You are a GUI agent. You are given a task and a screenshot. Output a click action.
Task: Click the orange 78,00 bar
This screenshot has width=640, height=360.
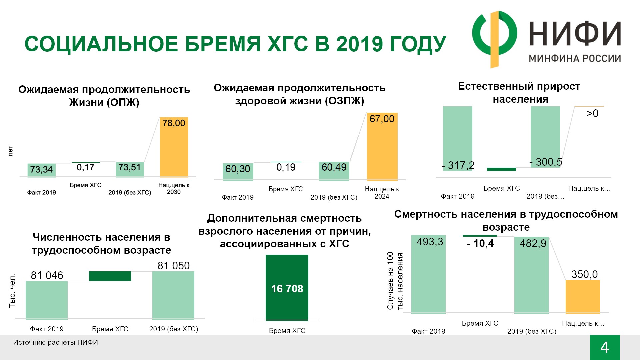[174, 147]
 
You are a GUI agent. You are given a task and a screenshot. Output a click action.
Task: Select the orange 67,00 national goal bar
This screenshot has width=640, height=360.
[382, 147]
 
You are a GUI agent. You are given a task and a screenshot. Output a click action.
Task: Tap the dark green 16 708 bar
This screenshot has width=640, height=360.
[287, 288]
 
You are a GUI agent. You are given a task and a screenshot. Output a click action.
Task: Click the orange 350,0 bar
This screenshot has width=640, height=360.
[583, 297]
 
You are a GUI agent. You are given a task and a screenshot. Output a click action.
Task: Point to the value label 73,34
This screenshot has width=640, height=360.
[41, 169]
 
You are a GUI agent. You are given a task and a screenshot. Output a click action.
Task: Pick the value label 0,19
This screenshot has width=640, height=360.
[286, 167]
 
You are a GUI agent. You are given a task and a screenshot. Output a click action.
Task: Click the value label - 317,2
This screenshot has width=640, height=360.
[458, 165]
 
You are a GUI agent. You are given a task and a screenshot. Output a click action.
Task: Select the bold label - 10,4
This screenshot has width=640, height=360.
[480, 244]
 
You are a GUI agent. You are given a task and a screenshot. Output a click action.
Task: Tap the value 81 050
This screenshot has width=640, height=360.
[173, 266]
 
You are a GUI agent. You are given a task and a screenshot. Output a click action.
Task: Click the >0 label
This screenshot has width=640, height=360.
[592, 114]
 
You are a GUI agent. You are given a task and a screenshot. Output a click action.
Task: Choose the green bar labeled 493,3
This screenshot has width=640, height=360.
[428, 274]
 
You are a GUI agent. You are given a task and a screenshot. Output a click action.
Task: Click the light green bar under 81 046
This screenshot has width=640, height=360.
[47, 300]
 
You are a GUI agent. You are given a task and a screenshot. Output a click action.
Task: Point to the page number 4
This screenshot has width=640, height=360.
[605, 347]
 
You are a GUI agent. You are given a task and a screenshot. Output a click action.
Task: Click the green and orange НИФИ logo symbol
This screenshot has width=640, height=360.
[495, 39]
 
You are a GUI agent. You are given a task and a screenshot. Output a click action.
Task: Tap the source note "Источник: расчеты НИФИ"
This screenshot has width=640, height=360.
[56, 342]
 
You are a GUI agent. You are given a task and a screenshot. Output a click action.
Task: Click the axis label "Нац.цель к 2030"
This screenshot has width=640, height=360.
[174, 188]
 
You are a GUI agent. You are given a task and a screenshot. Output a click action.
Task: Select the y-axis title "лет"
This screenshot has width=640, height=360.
[10, 151]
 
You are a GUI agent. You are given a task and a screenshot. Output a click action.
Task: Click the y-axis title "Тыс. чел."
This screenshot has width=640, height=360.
[12, 291]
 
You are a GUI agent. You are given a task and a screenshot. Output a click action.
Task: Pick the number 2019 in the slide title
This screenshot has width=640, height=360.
[359, 44]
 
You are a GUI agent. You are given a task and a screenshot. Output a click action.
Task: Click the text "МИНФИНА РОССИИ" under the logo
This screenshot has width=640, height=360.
[575, 59]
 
